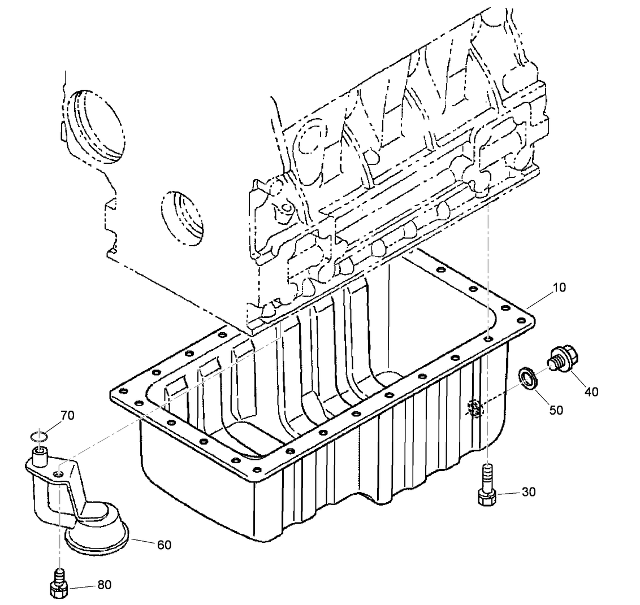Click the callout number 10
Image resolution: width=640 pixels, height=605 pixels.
pos(559,288)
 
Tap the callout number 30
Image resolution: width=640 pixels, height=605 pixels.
pos(528,492)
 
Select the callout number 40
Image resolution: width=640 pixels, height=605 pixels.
pos(591,391)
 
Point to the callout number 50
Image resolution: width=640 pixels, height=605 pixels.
pos(556,410)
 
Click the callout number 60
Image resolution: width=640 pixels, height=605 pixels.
pos(164,545)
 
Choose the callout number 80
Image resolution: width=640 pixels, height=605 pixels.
pos(104,585)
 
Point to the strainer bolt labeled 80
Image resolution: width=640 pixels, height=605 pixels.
pos(59,585)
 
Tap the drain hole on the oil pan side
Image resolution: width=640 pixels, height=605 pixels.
pos(474,408)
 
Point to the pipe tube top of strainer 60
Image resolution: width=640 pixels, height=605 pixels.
pos(40,454)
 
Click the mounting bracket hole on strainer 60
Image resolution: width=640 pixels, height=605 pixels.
pos(58,473)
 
